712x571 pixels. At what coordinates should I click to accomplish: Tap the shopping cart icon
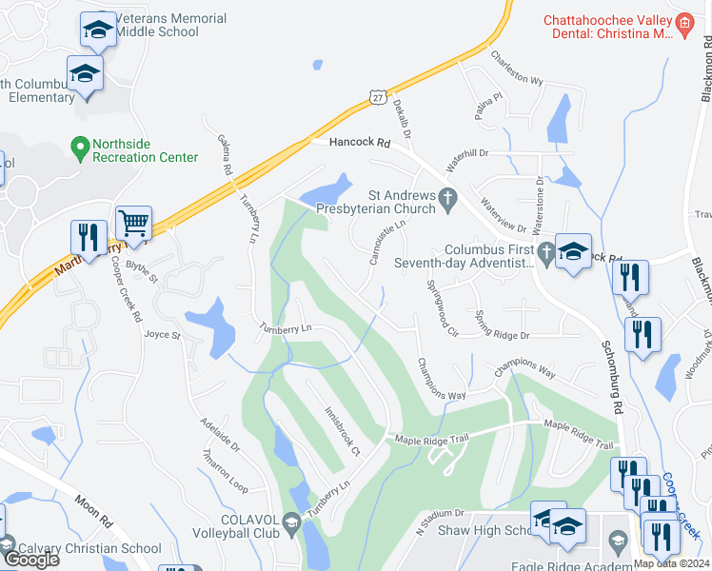[134, 224]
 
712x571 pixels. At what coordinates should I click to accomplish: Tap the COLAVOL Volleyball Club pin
[292, 522]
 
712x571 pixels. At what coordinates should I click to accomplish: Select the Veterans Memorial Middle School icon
[98, 31]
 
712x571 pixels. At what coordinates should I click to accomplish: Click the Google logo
[30, 560]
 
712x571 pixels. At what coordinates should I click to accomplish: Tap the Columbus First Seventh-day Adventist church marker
[544, 253]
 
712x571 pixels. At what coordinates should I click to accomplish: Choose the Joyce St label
[162, 335]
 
